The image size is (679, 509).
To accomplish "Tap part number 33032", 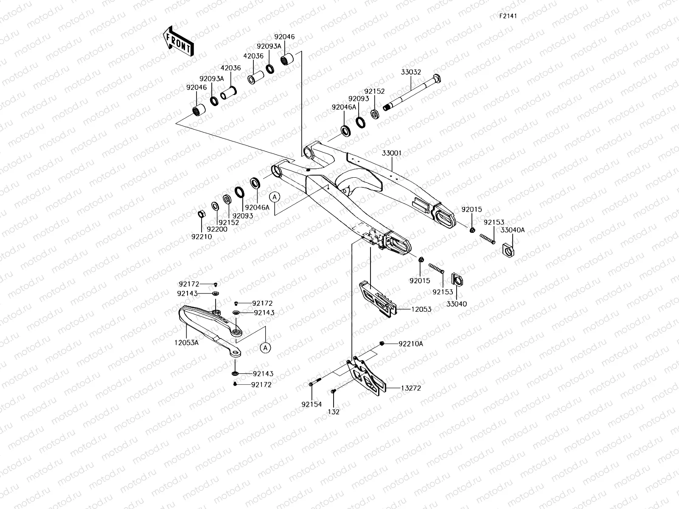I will pyautogui.click(x=411, y=72).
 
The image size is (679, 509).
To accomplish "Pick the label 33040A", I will pyautogui.click(x=512, y=230).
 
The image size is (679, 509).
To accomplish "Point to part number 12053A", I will pyautogui.click(x=186, y=342).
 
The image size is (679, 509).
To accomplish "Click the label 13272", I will pyautogui.click(x=410, y=388).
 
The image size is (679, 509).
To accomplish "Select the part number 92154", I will pyautogui.click(x=311, y=404).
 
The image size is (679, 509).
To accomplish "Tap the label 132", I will pyautogui.click(x=334, y=411).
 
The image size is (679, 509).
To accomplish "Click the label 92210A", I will pyautogui.click(x=410, y=344).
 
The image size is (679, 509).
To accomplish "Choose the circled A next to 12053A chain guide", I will pyautogui.click(x=265, y=348).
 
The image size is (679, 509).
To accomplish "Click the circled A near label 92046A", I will pyautogui.click(x=275, y=197).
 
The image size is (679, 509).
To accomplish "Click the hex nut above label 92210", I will pyautogui.click(x=202, y=213).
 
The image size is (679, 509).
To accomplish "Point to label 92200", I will pyautogui.click(x=217, y=229).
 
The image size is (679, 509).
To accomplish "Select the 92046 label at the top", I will pyautogui.click(x=284, y=37).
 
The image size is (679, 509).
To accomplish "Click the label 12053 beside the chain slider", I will pyautogui.click(x=421, y=309).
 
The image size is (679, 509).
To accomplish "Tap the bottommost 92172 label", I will pyautogui.click(x=261, y=384).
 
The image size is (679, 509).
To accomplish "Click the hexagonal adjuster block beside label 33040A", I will pyautogui.click(x=508, y=247).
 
